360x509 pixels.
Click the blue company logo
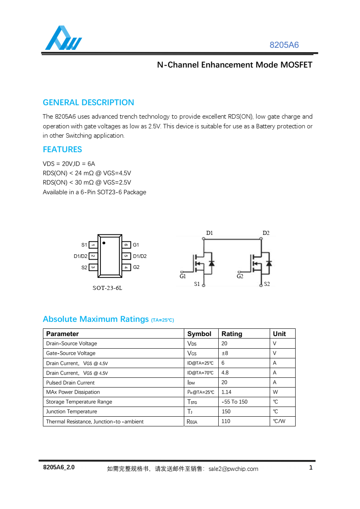(x=63, y=38)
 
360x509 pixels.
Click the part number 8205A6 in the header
(x=284, y=45)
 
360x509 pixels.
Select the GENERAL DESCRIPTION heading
(x=88, y=102)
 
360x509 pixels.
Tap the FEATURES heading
(x=62, y=149)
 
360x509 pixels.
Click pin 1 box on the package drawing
(x=93, y=245)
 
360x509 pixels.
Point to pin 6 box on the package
(x=126, y=245)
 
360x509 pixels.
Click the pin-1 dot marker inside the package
(x=104, y=243)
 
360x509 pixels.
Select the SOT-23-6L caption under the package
(x=107, y=288)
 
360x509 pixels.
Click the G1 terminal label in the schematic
(x=183, y=277)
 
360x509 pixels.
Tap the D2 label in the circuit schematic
(x=266, y=233)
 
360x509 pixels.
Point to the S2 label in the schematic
(x=267, y=284)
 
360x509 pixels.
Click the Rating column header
(x=232, y=334)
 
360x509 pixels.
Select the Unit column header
(x=279, y=334)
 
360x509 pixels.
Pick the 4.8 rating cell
(x=225, y=373)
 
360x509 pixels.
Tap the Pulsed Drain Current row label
(x=70, y=383)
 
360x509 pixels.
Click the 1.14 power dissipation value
(x=226, y=392)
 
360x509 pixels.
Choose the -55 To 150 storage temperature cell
(x=234, y=402)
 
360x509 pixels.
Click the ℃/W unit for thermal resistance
(x=279, y=421)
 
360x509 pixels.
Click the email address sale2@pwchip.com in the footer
(x=233, y=469)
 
